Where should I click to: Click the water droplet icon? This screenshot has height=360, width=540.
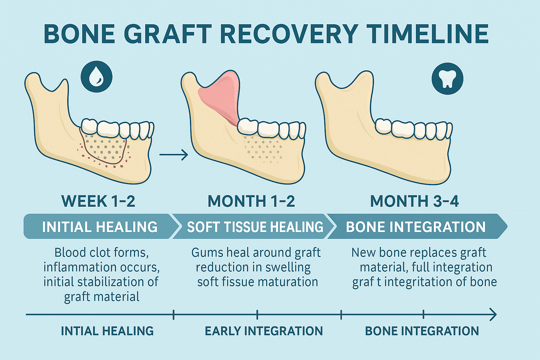(96, 77)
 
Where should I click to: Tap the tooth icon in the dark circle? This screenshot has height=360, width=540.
(447, 79)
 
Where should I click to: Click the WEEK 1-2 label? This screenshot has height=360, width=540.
(98, 201)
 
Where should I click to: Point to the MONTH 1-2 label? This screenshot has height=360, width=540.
(251, 201)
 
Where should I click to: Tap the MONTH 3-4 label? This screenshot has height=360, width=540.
(414, 201)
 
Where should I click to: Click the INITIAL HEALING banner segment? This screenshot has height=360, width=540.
(99, 227)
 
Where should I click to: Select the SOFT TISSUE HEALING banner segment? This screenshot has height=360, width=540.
(255, 227)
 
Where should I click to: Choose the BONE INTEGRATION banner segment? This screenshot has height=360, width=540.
(416, 227)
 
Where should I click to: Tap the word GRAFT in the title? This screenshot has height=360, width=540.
(168, 34)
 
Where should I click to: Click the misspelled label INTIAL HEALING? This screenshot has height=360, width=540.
(107, 331)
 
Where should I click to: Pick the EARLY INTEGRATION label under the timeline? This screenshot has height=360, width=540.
(264, 331)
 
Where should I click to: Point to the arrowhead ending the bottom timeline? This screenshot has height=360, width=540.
(493, 314)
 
